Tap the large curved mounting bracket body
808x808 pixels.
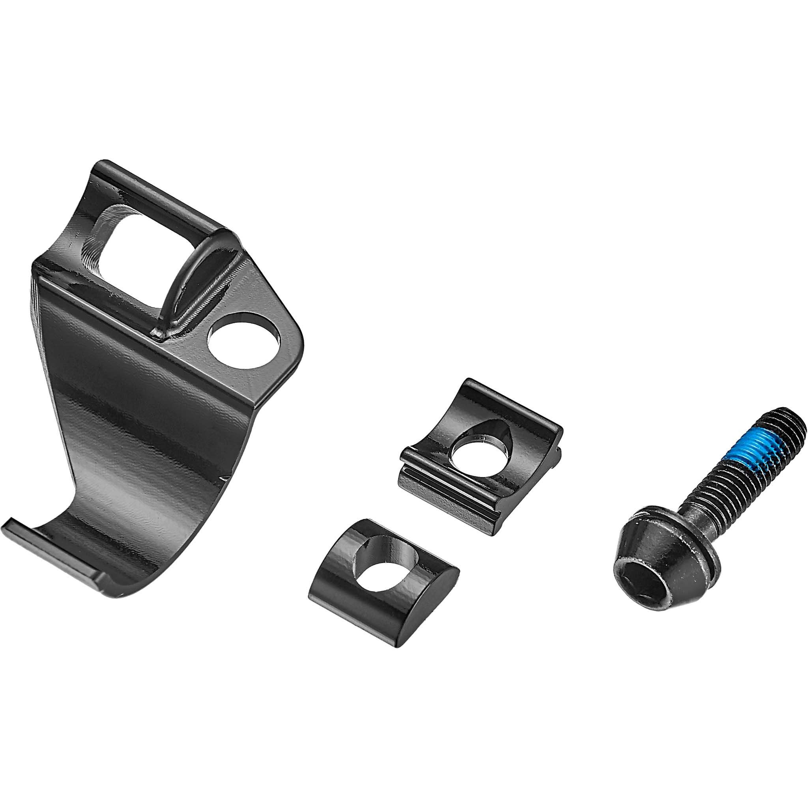(138, 402)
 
